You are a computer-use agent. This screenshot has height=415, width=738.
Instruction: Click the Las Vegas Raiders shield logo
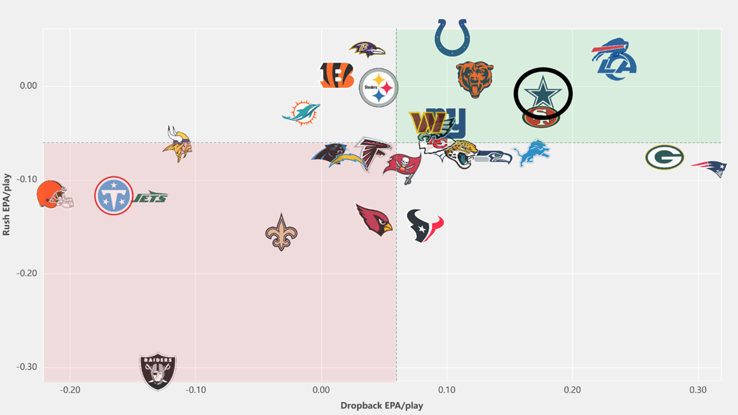tap(158, 371)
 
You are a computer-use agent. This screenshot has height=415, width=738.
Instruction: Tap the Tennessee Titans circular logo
tap(114, 196)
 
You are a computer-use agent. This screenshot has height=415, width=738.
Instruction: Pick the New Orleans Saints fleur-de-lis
tap(281, 232)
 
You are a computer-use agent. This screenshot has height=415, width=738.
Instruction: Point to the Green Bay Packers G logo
tap(665, 157)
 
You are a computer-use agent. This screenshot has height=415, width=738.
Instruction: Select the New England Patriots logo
tap(710, 168)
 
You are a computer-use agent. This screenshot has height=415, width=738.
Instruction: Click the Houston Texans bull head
tap(425, 226)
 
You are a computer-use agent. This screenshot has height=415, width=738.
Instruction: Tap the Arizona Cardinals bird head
tap(374, 220)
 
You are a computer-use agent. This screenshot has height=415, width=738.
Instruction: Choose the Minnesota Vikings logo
tap(177, 144)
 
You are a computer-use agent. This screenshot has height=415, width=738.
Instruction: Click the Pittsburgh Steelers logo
tap(378, 87)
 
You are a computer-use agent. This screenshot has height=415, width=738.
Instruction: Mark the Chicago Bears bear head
tap(475, 79)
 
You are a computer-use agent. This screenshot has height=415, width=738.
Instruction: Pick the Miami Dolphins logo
tap(301, 113)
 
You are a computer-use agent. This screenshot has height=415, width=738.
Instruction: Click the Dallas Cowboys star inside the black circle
tap(543, 92)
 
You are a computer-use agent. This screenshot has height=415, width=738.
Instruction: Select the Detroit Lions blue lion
tap(531, 153)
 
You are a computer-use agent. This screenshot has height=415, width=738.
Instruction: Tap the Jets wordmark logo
tap(150, 197)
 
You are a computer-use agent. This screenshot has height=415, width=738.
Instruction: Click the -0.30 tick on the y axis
tap(27, 367)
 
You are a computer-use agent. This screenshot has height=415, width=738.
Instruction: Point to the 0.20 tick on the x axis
tap(572, 390)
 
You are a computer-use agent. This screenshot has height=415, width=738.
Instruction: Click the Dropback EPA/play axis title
tap(381, 406)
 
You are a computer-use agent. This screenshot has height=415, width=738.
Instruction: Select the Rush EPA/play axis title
tap(7, 205)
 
